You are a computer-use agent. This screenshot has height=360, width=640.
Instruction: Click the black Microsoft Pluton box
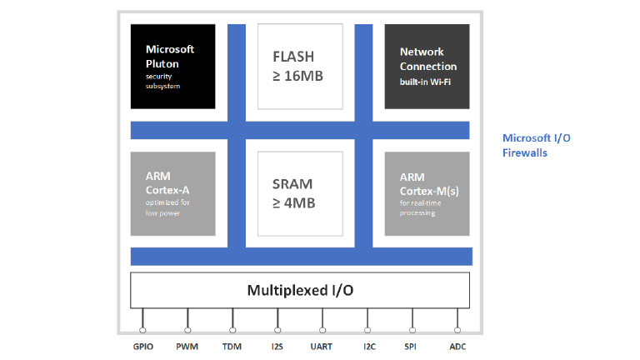tap(173, 66)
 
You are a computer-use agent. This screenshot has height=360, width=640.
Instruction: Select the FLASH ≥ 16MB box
tap(299, 66)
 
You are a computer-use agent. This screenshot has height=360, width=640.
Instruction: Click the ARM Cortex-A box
tap(173, 193)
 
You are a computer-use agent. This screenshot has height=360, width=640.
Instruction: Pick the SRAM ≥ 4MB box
tap(299, 193)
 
